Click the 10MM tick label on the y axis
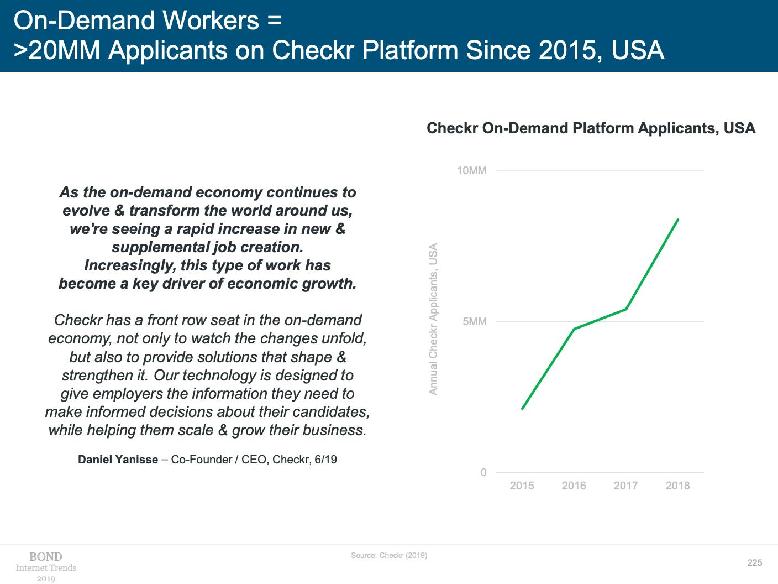471,170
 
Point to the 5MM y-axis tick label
475,322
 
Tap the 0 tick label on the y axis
483,472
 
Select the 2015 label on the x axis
522,486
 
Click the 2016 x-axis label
574,486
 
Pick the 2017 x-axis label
625,486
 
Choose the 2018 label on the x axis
677,486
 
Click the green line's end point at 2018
678,220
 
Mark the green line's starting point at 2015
522,409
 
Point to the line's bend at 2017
626,309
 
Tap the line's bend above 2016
574,328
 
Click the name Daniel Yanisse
118,460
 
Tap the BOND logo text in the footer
46,557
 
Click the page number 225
755,563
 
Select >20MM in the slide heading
57,50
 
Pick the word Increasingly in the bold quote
128,265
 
